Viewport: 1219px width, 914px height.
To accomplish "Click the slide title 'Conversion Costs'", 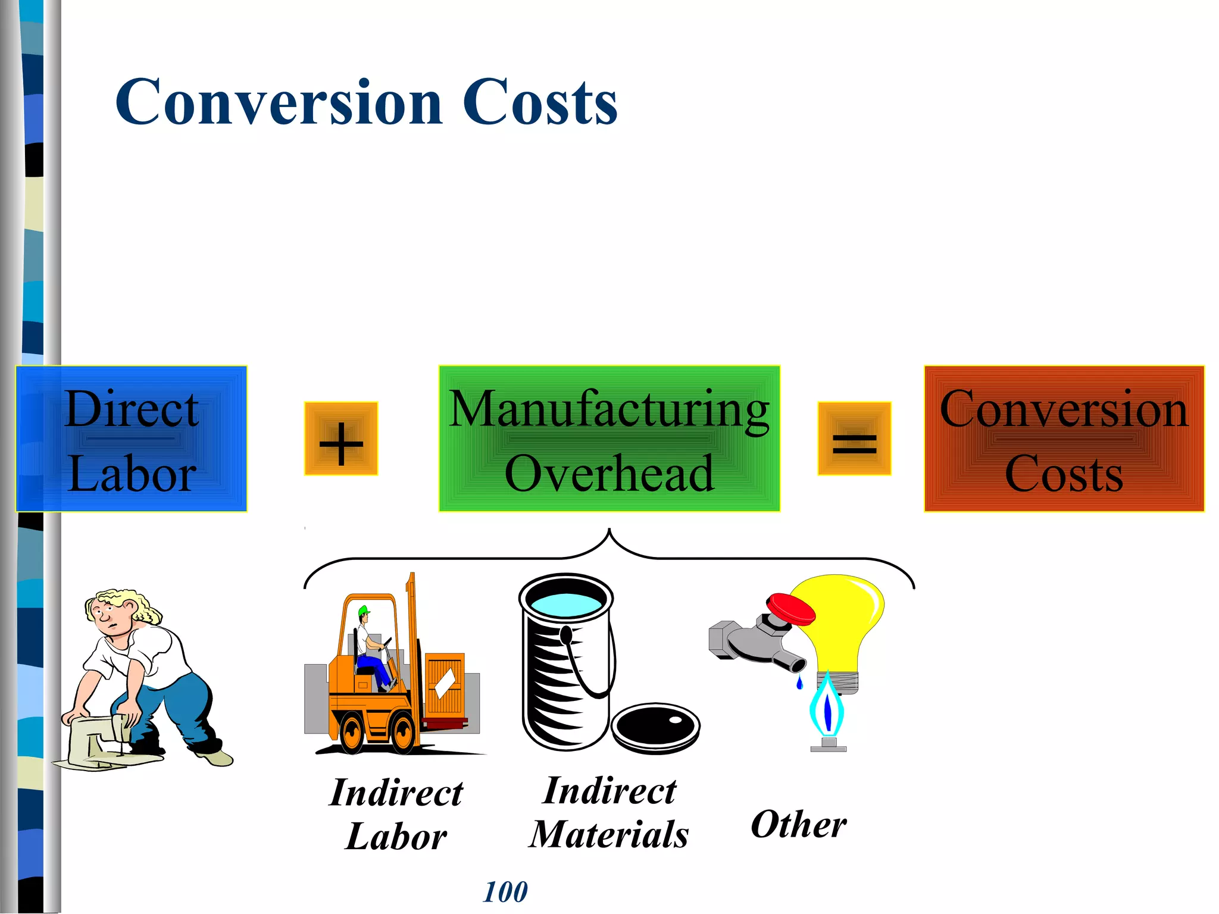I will pyautogui.click(x=366, y=102).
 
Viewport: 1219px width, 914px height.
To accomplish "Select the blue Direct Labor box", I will pyautogui.click(x=131, y=439).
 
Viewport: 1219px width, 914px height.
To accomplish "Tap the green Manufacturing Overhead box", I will pyautogui.click(x=609, y=439).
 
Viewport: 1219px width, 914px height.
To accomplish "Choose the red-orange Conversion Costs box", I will pyautogui.click(x=1064, y=439).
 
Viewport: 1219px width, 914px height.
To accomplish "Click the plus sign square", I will pyautogui.click(x=341, y=439).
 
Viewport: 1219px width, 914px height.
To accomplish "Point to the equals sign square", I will pyautogui.click(x=854, y=439).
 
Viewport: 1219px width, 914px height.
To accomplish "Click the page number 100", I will pyautogui.click(x=505, y=892).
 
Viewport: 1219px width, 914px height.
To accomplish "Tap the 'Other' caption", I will pyautogui.click(x=798, y=825).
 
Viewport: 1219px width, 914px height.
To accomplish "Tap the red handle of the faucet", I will pyautogui.click(x=790, y=608).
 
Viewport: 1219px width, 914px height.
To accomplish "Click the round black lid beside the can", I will pyautogui.click(x=655, y=727).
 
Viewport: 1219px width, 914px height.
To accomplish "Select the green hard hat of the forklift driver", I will pyautogui.click(x=363, y=611).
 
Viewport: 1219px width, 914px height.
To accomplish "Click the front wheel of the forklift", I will pyautogui.click(x=404, y=733).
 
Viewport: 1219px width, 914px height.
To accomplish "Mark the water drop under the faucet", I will pyautogui.click(x=799, y=683).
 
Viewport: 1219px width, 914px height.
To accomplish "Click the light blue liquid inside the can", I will pyautogui.click(x=566, y=603).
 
